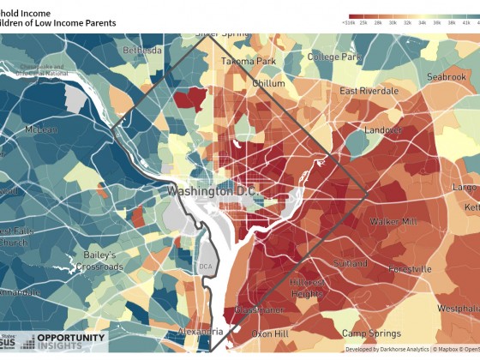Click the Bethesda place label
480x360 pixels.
tap(141, 51)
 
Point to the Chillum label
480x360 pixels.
tap(268, 83)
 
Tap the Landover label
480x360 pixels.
tap(383, 130)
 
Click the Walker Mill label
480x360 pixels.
tap(393, 221)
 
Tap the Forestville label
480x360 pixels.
tap(409, 268)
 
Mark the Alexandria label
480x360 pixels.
tap(201, 330)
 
